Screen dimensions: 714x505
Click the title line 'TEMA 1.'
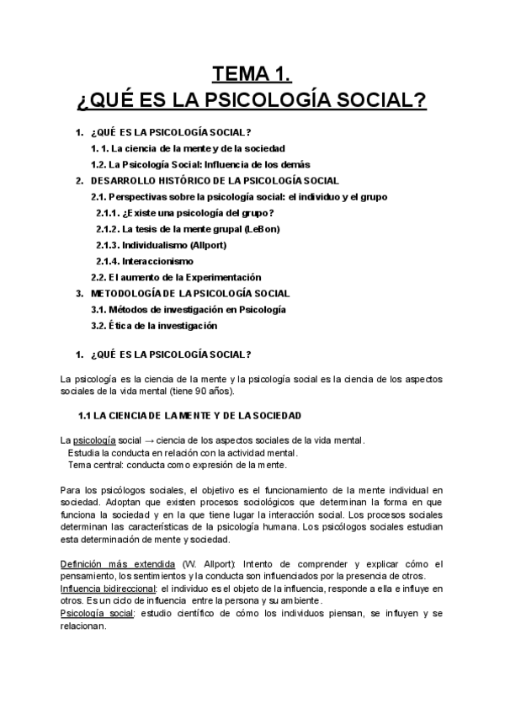point(252,73)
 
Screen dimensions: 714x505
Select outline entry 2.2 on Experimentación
point(176,277)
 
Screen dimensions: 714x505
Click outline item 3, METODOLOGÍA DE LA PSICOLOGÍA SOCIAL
point(190,293)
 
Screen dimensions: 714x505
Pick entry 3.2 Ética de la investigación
point(154,325)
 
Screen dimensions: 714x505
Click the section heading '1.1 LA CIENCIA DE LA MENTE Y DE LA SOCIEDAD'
point(189,416)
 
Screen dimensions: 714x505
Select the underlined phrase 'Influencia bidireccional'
point(109,589)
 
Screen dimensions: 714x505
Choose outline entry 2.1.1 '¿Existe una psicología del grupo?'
point(179,213)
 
